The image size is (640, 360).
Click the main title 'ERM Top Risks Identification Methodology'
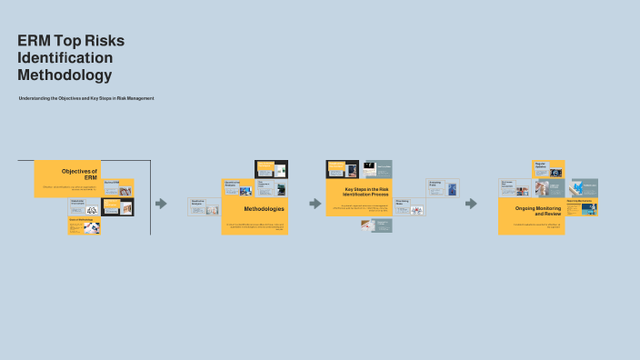71,57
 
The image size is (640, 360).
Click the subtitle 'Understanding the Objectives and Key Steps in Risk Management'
86,98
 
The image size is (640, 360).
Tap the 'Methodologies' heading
264,209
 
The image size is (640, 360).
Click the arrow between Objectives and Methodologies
162,204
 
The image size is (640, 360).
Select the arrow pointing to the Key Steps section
315,204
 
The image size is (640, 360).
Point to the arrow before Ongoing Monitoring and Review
471,204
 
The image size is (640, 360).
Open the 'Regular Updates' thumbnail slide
548,169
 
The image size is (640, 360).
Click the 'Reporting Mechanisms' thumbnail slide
581,206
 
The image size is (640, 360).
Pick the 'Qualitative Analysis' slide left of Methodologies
204,206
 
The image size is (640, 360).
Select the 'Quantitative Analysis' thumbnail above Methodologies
238,187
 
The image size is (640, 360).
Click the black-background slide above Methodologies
271,169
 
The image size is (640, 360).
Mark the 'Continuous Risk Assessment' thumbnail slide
515,187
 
